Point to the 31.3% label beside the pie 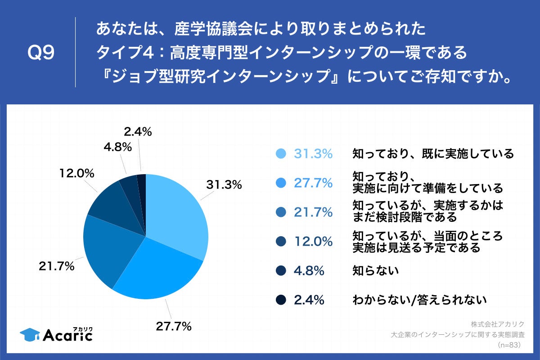pos(224,184)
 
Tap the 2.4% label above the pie pos(137,132)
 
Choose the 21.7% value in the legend pos(313,212)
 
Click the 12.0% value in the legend pos(313,241)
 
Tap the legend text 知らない pos(376,271)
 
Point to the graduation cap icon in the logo pos(30,334)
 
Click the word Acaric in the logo pos(67,336)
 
